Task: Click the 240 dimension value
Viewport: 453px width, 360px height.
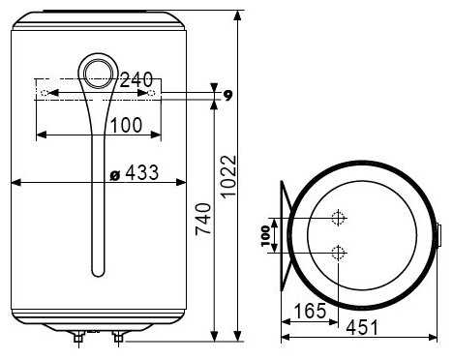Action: (136, 79)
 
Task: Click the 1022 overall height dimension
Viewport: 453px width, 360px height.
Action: (228, 176)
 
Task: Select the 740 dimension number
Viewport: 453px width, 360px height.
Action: (204, 218)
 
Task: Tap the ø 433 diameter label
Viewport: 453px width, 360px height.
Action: (135, 172)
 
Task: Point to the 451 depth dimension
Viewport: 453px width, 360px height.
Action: (362, 327)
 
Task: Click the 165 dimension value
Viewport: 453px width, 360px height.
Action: (310, 311)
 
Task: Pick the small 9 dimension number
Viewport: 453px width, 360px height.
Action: (228, 95)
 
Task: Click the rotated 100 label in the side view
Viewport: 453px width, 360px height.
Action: (265, 235)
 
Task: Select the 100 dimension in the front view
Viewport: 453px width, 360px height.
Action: (126, 125)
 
